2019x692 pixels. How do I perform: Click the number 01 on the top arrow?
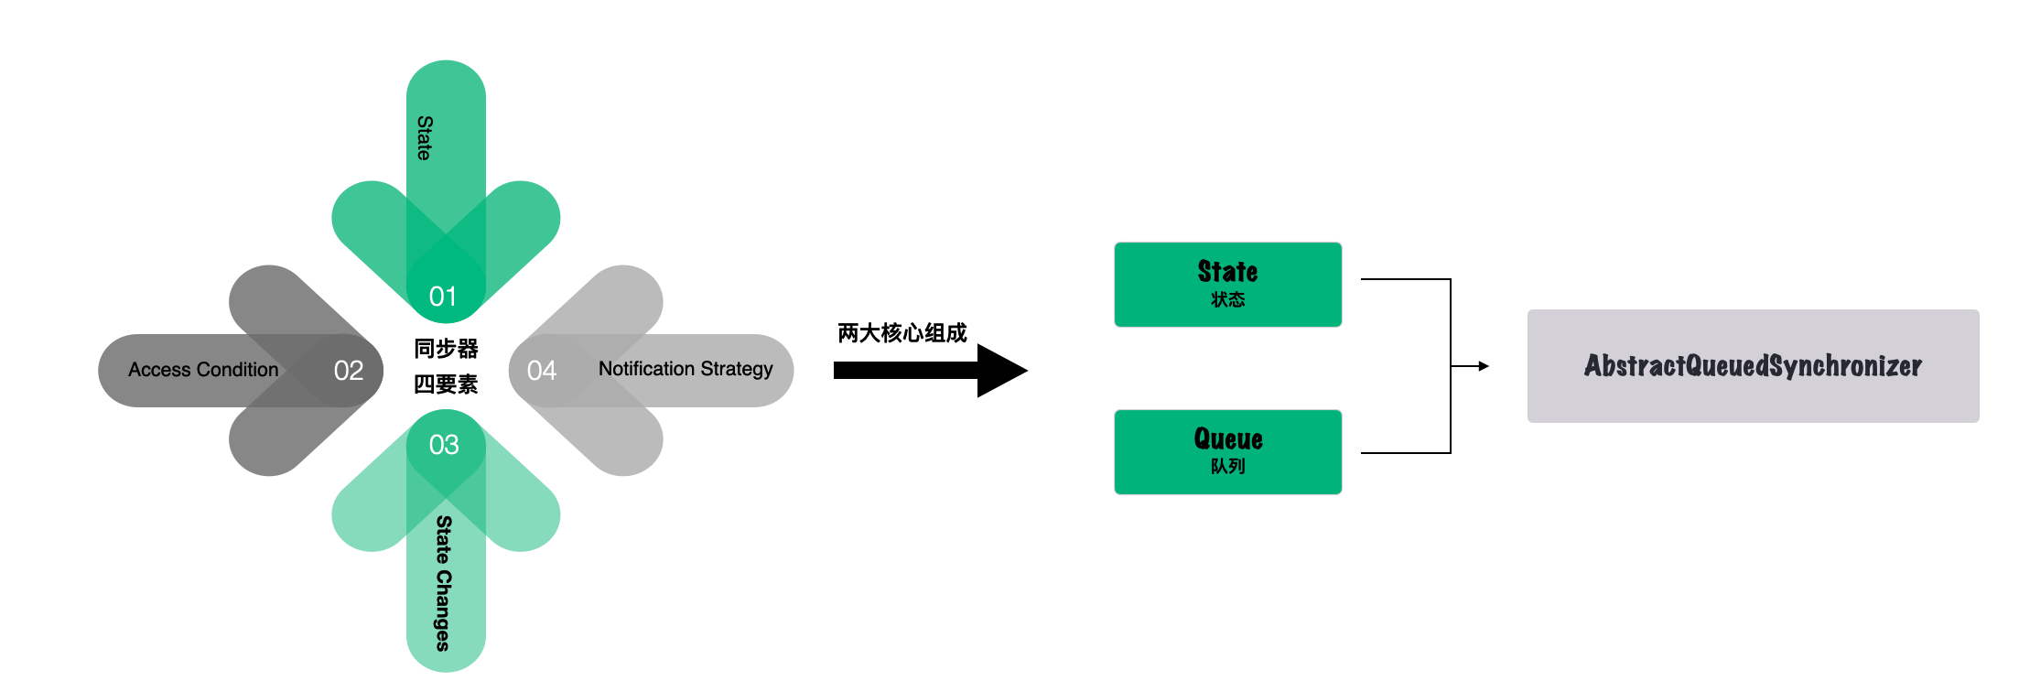point(443,297)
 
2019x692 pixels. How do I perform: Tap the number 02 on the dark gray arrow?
point(349,371)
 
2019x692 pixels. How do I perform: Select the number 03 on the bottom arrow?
point(444,445)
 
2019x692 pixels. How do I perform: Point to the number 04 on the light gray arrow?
point(542,371)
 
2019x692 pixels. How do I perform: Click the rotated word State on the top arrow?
point(425,138)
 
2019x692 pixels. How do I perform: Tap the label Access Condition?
point(203,370)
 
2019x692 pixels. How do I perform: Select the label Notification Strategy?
point(686,369)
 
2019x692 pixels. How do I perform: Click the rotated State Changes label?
point(444,583)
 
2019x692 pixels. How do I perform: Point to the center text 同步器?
point(446,349)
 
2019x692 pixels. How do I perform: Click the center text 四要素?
point(446,384)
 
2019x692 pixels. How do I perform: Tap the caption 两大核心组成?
point(902,333)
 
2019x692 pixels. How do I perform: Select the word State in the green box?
point(1227,272)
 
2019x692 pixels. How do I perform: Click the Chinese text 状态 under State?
point(1227,299)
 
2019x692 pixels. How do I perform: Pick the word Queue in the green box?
point(1228,439)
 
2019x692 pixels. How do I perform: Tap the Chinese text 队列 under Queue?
point(1227,467)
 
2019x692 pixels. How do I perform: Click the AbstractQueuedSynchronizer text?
point(1753,366)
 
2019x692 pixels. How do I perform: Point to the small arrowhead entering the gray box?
point(1484,366)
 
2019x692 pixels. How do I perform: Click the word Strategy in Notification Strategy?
point(737,369)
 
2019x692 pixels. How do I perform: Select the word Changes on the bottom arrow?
point(444,611)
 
